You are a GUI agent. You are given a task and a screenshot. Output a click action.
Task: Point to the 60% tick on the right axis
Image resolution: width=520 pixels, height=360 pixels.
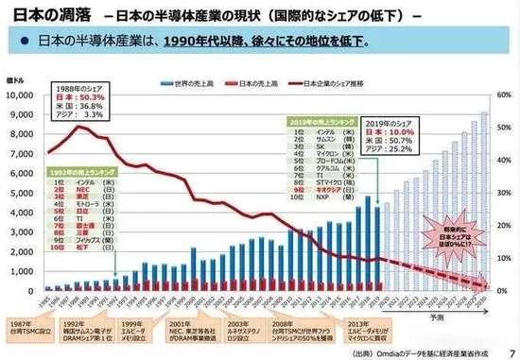click(x=504, y=95)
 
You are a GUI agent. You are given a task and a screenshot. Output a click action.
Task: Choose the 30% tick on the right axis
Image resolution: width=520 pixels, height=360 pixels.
click(x=504, y=192)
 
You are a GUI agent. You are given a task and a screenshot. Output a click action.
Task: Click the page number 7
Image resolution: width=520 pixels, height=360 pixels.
click(x=511, y=351)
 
